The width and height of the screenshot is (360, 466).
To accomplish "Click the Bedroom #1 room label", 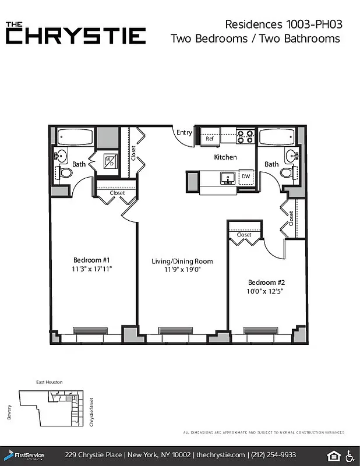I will (x=92, y=260).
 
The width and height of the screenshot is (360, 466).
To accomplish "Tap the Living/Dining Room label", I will (x=182, y=262).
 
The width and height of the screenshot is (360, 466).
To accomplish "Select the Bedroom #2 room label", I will (x=266, y=282).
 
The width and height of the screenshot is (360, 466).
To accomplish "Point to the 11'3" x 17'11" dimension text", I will (x=92, y=269).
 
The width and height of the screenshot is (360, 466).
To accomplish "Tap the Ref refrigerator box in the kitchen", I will (x=210, y=139).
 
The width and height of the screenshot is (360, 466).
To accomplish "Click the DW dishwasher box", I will (x=246, y=176).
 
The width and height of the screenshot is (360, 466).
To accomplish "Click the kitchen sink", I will (x=226, y=177).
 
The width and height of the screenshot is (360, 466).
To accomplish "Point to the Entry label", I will (x=184, y=133).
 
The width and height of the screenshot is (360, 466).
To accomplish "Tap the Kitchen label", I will (x=225, y=157).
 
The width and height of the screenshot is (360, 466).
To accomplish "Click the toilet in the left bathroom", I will (x=66, y=172).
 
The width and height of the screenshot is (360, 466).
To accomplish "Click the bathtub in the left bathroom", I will (x=75, y=137).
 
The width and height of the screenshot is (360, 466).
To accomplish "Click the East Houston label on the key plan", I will (x=49, y=382).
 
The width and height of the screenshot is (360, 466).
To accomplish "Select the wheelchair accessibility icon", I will (x=351, y=455).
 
